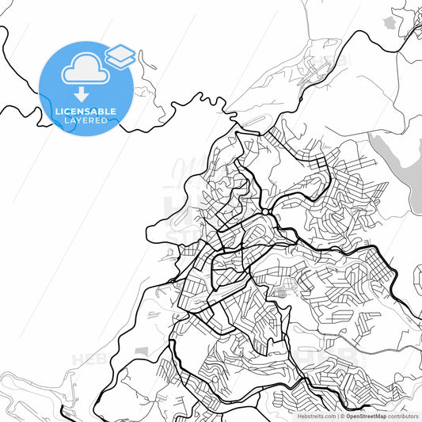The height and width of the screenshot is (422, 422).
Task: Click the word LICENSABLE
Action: pos(86,112)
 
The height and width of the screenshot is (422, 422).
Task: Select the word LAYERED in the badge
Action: pos(86,120)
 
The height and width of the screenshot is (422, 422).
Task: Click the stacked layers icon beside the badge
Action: pos(120,55)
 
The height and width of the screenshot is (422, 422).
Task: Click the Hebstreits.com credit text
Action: pos(317,416)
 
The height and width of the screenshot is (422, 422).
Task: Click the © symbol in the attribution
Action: pos(343,416)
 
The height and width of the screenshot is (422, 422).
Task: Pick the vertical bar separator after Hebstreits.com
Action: pos(337,416)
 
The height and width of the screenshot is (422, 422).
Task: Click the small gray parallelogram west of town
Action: pos(143,350)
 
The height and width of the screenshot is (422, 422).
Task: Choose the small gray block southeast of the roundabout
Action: pos(283,292)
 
